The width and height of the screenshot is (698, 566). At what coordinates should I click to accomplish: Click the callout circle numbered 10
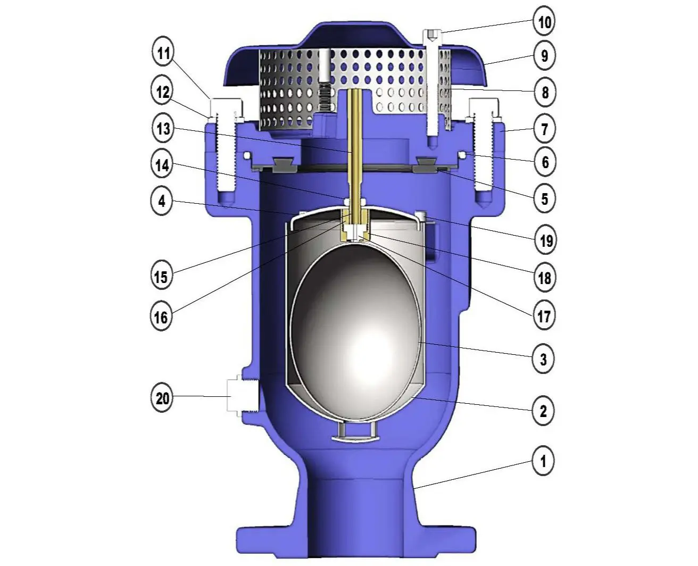(544, 22)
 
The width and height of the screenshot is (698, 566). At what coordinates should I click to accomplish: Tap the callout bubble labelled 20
(162, 398)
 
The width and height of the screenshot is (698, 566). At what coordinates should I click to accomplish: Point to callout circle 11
(163, 53)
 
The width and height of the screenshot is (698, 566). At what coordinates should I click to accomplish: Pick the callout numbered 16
(161, 318)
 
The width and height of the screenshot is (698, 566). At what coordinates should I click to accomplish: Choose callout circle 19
(545, 242)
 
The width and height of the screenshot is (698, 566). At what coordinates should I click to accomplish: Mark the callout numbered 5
(544, 199)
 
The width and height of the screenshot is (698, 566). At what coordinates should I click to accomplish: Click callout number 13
(163, 128)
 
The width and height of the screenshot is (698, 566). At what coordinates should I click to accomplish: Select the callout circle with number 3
(543, 359)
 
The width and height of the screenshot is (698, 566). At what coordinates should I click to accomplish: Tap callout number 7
(544, 129)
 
